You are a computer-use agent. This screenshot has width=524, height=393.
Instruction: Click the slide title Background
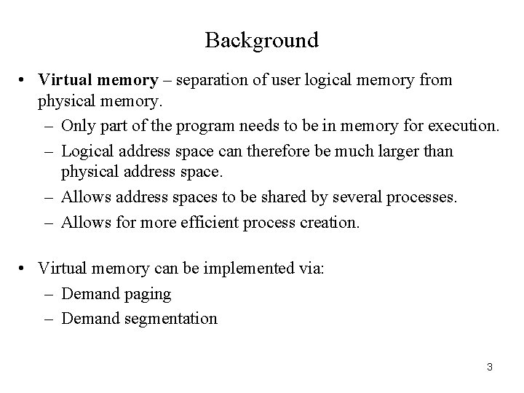pos(261,40)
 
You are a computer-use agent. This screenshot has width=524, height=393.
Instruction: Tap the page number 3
pos(490,366)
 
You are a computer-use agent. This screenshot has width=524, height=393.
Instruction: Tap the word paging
pos(147,294)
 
